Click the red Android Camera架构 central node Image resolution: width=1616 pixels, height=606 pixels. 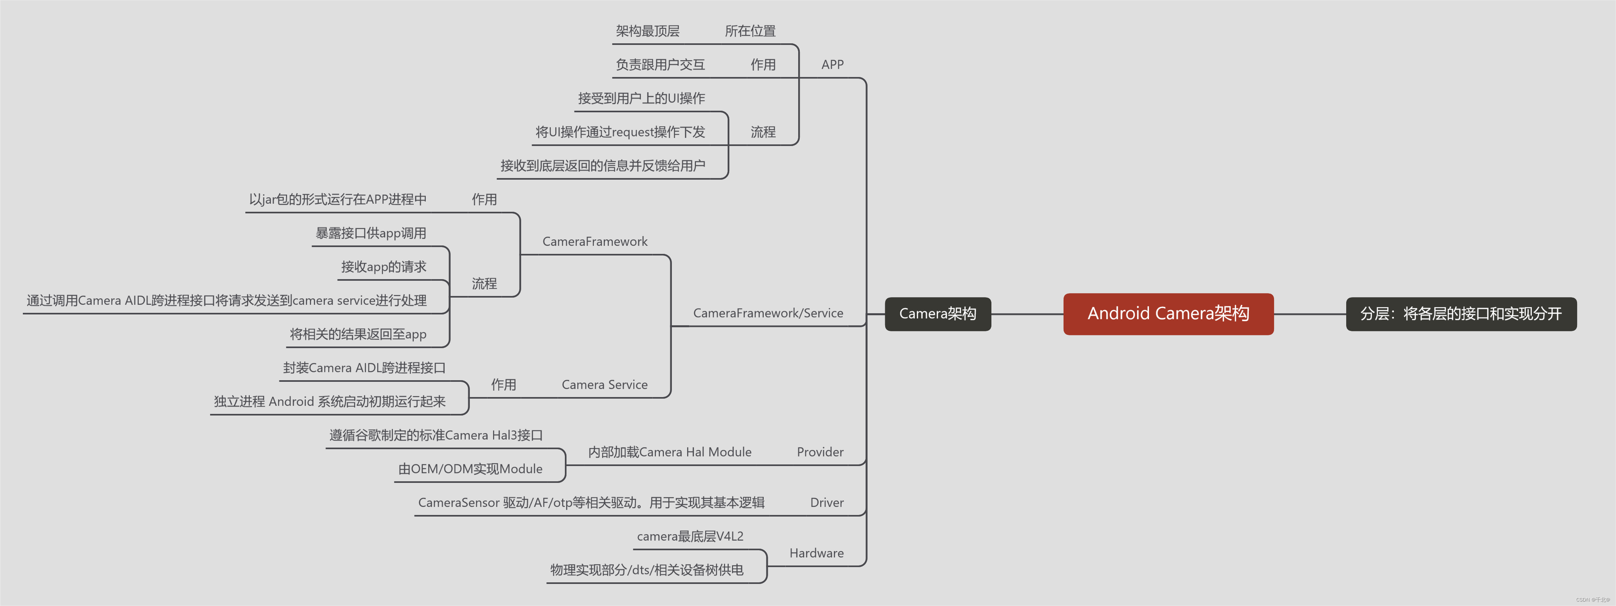coord(1168,314)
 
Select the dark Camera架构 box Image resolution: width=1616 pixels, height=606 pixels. coord(937,314)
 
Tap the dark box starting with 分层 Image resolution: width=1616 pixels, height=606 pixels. coord(1460,314)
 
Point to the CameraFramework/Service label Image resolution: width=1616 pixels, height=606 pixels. coord(767,313)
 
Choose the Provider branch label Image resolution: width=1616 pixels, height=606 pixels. coord(819,452)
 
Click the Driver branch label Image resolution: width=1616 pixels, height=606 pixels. coord(826,503)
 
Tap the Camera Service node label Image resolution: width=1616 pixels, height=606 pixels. coord(604,385)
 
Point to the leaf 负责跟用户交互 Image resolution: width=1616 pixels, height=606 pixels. coord(659,65)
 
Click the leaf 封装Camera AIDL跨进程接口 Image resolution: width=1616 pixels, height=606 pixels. coord(364,368)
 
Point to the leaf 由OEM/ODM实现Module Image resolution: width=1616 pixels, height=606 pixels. coord(470,468)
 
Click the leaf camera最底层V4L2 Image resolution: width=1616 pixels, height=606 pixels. coord(690,536)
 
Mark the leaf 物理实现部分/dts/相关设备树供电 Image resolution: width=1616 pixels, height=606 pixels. coord(646,570)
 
